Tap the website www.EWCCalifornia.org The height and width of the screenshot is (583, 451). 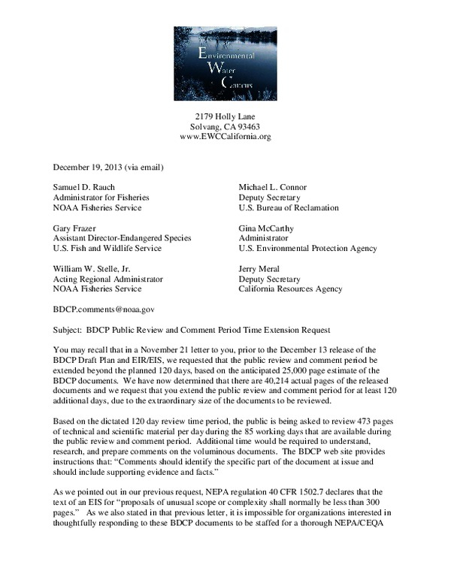225,137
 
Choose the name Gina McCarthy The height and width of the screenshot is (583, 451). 268,227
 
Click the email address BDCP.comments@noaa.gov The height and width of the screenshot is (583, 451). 103,308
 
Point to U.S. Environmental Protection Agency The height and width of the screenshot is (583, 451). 307,248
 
